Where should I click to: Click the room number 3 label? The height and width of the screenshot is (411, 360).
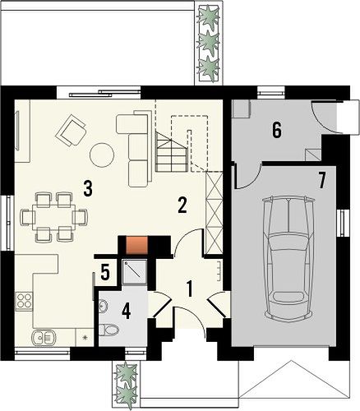click(x=87, y=189)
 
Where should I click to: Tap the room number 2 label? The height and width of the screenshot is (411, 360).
click(x=182, y=205)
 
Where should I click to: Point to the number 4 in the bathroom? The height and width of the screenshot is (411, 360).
click(x=126, y=312)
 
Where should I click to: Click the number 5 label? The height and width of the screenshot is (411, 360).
click(x=105, y=272)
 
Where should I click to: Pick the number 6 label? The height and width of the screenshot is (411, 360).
click(x=277, y=130)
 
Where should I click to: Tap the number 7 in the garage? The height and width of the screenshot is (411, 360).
click(x=322, y=181)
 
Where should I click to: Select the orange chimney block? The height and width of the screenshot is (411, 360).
click(x=136, y=245)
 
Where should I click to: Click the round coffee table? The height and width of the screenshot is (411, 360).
click(x=102, y=155)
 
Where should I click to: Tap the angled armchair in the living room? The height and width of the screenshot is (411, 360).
click(x=71, y=130)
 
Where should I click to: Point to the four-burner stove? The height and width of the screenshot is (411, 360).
click(x=24, y=301)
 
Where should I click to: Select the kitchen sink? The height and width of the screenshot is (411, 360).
click(x=44, y=337)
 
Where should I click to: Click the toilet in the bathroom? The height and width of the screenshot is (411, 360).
click(x=108, y=330)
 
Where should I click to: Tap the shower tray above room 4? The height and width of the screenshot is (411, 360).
click(x=135, y=272)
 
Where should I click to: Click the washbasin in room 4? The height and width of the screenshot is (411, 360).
click(x=103, y=305)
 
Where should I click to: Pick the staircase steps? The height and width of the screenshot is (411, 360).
click(x=172, y=151)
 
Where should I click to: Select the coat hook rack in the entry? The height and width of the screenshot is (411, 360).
click(x=219, y=271)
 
